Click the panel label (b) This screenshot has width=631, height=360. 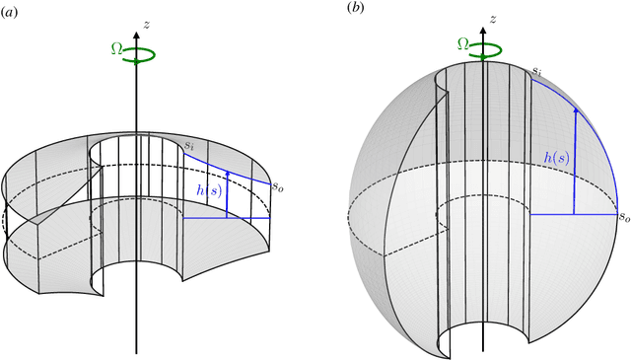[356, 9]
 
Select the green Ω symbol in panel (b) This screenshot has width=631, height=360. [462, 42]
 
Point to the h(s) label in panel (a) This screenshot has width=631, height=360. [208, 189]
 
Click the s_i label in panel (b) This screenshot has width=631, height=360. [537, 72]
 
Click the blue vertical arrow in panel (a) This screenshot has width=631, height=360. [228, 193]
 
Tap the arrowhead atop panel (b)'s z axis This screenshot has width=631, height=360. [480, 24]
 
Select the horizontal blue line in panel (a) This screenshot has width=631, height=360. [227, 218]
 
